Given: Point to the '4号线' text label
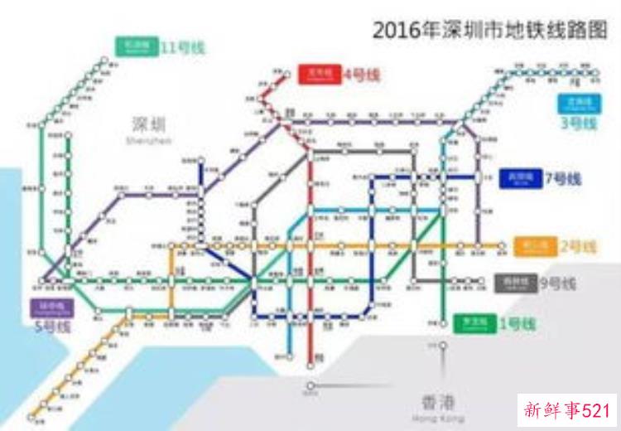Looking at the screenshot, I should [x=361, y=75].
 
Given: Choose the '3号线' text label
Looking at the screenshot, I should [x=578, y=123].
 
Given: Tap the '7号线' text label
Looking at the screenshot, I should [x=563, y=179].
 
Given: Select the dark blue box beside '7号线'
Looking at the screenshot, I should [x=520, y=179].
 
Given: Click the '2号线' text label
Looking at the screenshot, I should [x=577, y=246].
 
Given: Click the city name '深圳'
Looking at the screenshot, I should [x=149, y=124].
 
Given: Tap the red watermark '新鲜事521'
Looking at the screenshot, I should [x=567, y=409].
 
